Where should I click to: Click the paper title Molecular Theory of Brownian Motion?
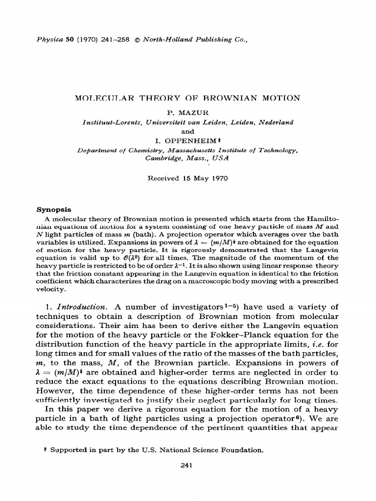click(188, 98)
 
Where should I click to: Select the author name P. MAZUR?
click(188, 113)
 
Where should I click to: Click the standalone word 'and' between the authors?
click(188, 132)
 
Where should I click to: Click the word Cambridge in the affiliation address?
click(164, 159)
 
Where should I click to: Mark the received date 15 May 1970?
click(205, 178)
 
